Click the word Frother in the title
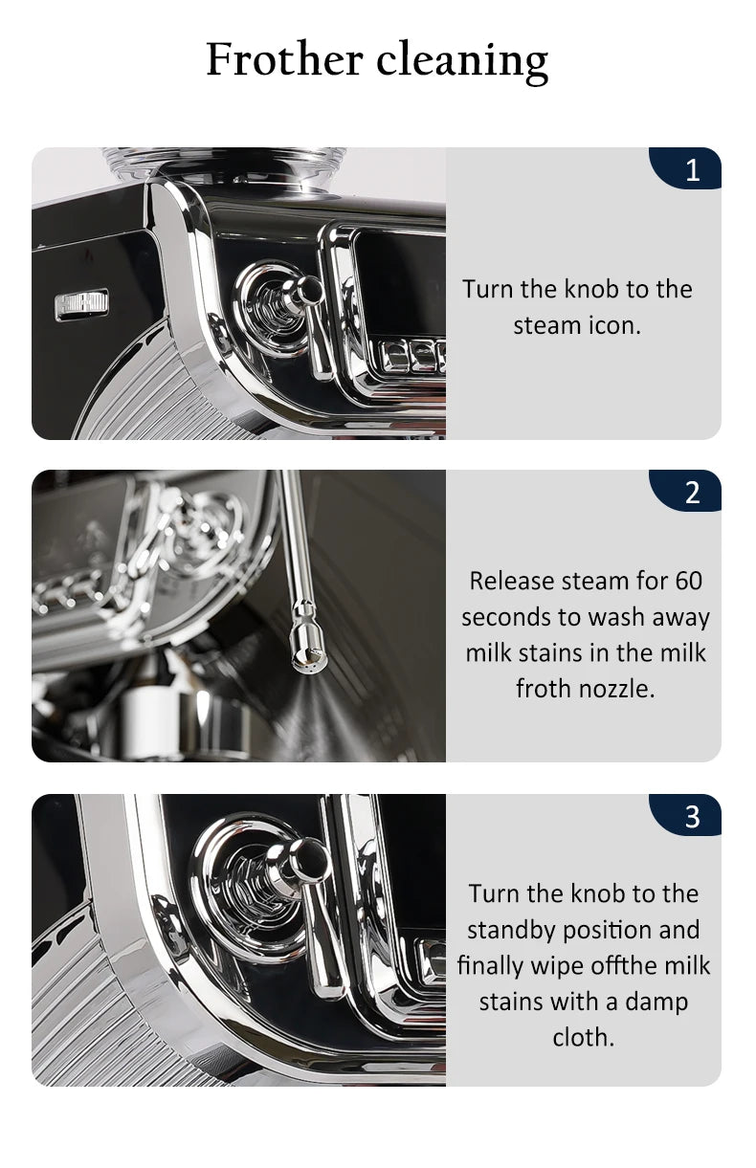click(x=284, y=59)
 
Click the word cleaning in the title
click(x=462, y=61)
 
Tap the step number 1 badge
click(x=685, y=168)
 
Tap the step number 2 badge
click(x=685, y=491)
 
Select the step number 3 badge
click(x=685, y=816)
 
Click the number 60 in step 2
click(x=689, y=581)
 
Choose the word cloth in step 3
click(x=584, y=1037)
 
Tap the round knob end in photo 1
click(x=309, y=289)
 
